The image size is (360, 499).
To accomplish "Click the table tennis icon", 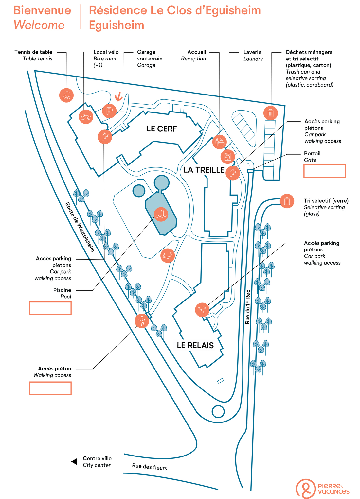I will [66, 95].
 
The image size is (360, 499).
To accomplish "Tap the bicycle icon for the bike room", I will [86, 116].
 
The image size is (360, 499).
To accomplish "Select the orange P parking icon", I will [109, 111].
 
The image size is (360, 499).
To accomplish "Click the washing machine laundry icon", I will [227, 157].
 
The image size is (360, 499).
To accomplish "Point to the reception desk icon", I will [219, 142].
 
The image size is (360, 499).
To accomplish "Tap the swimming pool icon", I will [161, 215].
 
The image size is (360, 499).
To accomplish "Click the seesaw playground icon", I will [168, 255].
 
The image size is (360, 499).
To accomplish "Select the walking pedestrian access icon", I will [142, 321].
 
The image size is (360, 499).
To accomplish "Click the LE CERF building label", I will [161, 129].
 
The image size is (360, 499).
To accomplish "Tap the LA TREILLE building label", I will [204, 170].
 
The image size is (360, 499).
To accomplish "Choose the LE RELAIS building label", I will [195, 345].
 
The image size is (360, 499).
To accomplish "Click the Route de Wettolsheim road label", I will [80, 227].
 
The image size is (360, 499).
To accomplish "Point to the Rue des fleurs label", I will [149, 467].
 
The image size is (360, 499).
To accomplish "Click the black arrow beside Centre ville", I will [74, 461].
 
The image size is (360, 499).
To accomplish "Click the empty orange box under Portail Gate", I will [324, 171].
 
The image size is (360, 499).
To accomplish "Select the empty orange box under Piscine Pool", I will [50, 308].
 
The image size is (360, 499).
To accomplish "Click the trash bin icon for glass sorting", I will [287, 201].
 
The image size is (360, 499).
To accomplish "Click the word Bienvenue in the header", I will [42, 10].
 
